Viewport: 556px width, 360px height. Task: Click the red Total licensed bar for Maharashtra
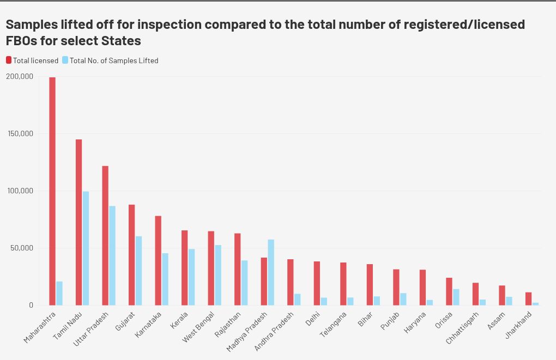[x=52, y=191]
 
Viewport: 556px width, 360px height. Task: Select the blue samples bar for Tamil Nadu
[x=86, y=248]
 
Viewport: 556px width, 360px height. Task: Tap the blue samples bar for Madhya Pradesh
[x=271, y=272]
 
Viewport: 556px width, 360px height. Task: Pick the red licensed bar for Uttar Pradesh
[x=105, y=235]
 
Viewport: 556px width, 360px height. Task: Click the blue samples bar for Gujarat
[x=138, y=270]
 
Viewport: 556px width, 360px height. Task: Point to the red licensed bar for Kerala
[x=184, y=267]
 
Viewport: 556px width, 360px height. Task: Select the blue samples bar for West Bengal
[x=218, y=275]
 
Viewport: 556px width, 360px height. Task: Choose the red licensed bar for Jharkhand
[x=528, y=298]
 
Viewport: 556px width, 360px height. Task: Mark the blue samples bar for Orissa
[x=456, y=297]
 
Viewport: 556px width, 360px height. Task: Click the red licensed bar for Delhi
[x=317, y=283]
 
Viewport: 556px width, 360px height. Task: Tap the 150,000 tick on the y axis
[x=20, y=133]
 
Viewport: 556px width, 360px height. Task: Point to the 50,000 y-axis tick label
[x=22, y=248]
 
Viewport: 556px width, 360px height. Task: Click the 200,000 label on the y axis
[x=20, y=77]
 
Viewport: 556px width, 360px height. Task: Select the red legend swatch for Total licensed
[x=9, y=60]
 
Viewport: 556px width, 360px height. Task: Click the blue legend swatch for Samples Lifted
[x=65, y=60]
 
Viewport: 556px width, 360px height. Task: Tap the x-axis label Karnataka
[x=148, y=324]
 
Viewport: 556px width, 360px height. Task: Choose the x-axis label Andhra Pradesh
[x=274, y=331]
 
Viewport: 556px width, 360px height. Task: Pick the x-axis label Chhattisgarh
[x=462, y=328]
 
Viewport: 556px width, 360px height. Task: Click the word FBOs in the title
[x=21, y=41]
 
